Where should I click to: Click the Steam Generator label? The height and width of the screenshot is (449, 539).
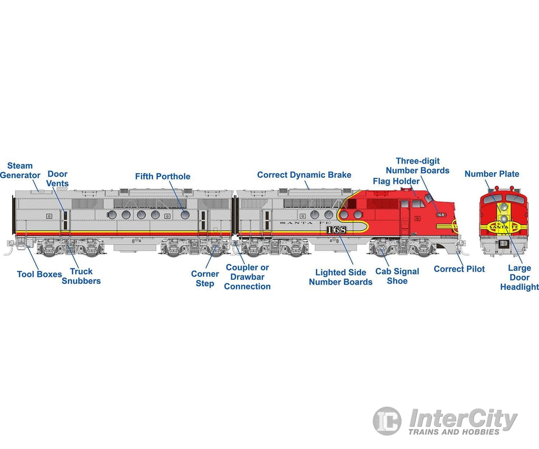20,171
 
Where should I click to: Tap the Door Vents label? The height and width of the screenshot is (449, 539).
57,179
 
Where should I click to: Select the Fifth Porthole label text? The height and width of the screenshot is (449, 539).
163,176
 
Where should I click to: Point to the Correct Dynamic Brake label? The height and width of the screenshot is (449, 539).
304,175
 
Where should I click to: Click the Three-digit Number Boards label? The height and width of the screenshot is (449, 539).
417,166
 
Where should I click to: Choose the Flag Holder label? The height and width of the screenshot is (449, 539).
396,182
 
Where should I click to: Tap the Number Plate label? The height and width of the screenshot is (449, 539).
492,174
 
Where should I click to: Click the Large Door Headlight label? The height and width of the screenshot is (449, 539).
519,277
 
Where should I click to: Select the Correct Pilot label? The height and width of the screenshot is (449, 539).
459,269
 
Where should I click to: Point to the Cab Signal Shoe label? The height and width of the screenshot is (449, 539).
397,276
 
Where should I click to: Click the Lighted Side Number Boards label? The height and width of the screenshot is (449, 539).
341,277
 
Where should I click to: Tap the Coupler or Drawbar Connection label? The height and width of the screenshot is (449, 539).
247,277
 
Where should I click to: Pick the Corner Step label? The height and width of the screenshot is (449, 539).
205,278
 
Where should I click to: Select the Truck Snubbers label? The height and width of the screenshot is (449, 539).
81,276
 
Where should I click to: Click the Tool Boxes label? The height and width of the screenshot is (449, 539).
39,274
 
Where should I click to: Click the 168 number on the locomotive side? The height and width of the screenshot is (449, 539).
336,230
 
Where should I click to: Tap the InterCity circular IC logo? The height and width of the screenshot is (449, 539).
387,421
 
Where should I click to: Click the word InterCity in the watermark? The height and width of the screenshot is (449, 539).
463,419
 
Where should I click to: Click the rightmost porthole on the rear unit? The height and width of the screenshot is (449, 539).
185,215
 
